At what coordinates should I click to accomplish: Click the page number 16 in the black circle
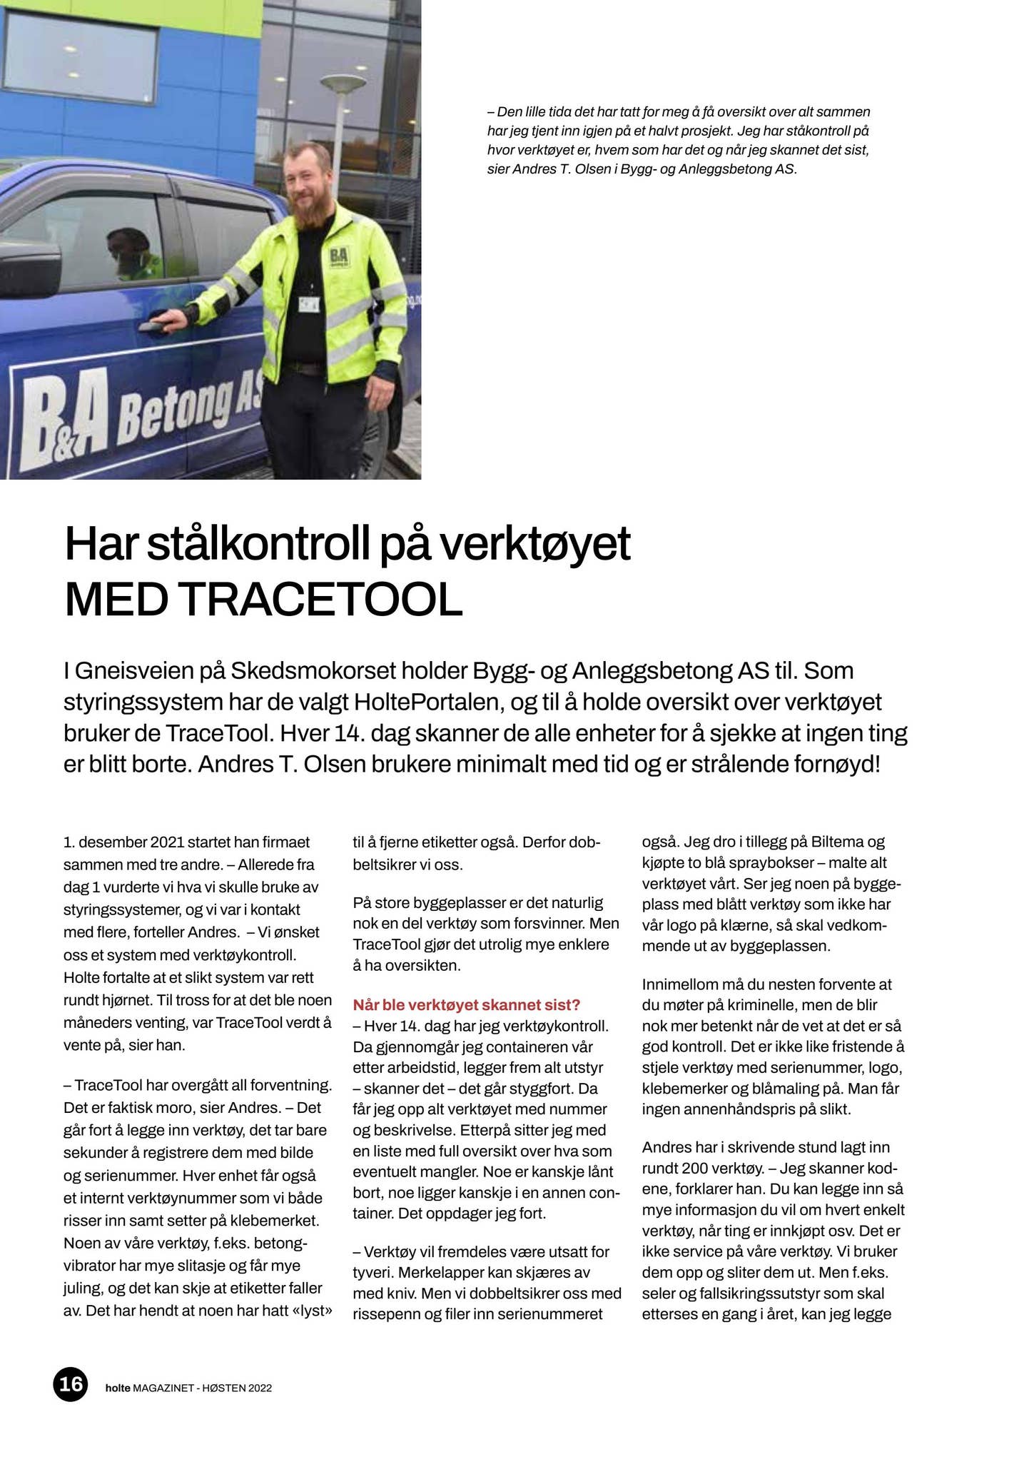70,1384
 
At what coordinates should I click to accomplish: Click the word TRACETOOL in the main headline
322,600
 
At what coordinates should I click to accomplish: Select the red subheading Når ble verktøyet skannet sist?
467,1004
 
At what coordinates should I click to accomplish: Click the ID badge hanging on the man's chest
309,303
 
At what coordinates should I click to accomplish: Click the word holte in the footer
117,1388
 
